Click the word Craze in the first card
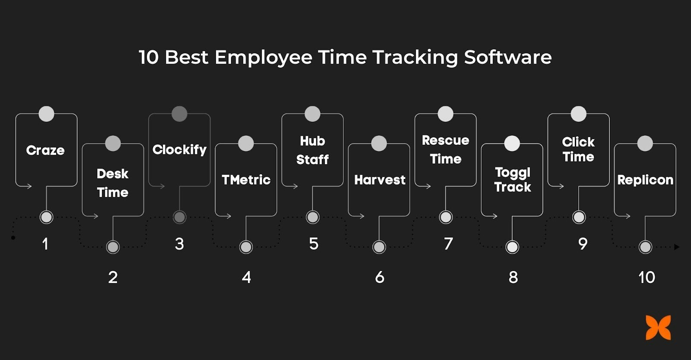tap(45, 150)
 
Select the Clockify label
tap(179, 150)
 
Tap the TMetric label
tap(246, 180)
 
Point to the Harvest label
tap(380, 180)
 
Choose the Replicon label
tap(645, 180)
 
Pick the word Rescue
tap(445, 140)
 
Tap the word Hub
tap(312, 141)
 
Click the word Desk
tap(112, 174)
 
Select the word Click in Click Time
tap(578, 142)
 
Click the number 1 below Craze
tap(45, 244)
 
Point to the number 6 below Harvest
tap(380, 277)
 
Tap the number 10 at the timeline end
tap(647, 277)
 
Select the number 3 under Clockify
tap(179, 244)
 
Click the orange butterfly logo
tap(658, 328)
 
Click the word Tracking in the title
tap(415, 57)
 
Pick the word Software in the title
tap(508, 57)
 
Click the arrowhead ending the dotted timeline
tap(676, 247)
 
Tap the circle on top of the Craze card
tap(46, 114)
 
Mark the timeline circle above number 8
tap(512, 247)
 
